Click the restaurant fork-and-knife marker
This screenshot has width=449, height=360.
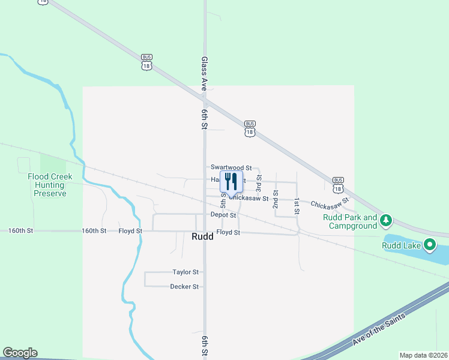pyautogui.click(x=231, y=181)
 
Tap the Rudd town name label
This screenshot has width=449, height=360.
pyautogui.click(x=202, y=236)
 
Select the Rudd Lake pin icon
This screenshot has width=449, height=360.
pyautogui.click(x=429, y=244)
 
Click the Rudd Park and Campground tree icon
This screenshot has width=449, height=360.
pyautogui.click(x=387, y=221)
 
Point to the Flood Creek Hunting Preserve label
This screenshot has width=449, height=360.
pyautogui.click(x=50, y=185)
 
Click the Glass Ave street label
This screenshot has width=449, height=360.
pyautogui.click(x=205, y=74)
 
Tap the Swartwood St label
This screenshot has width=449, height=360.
pyautogui.click(x=231, y=167)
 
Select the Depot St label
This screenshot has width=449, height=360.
pyautogui.click(x=223, y=215)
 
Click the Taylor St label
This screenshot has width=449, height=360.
pyautogui.click(x=185, y=272)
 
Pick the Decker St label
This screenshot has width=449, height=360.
pyautogui.click(x=184, y=287)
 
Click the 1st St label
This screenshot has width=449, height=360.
pyautogui.click(x=297, y=206)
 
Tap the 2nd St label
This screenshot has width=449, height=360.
pyautogui.click(x=276, y=199)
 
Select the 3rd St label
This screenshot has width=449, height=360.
pyautogui.click(x=259, y=183)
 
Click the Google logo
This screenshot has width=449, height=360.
pyautogui.click(x=20, y=353)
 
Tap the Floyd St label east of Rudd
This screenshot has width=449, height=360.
pyautogui.click(x=228, y=232)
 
